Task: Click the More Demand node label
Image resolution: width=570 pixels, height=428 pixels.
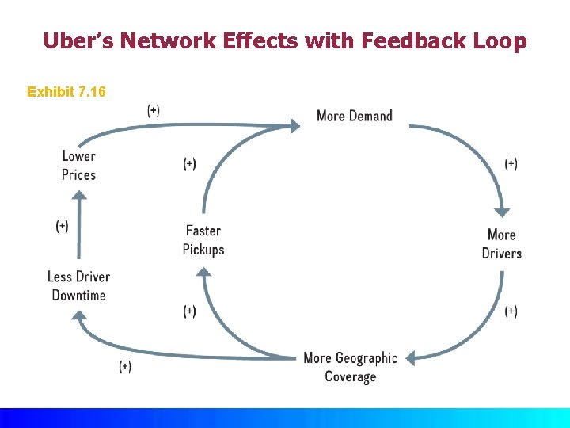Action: click(x=354, y=116)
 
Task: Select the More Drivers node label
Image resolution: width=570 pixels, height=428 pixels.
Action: click(x=501, y=244)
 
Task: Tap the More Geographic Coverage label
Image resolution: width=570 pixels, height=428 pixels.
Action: click(x=350, y=367)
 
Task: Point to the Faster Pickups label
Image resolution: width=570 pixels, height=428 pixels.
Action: click(x=203, y=240)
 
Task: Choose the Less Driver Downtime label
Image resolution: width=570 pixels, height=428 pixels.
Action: click(x=78, y=285)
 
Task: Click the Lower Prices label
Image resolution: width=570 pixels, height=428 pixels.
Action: click(x=78, y=165)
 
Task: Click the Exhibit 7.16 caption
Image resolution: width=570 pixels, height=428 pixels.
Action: click(x=66, y=92)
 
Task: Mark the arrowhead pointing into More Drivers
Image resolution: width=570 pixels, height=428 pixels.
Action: click(x=502, y=212)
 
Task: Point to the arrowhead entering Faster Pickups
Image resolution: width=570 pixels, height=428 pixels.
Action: click(x=203, y=273)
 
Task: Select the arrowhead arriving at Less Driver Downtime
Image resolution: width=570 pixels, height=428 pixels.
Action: click(x=78, y=316)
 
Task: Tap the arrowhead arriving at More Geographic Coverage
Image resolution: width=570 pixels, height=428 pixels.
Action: click(x=412, y=357)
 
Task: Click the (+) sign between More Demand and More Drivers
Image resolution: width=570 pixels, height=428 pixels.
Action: click(x=511, y=164)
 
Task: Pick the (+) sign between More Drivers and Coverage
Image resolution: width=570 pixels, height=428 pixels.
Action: click(x=511, y=311)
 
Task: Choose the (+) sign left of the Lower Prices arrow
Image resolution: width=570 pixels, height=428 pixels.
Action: click(x=62, y=226)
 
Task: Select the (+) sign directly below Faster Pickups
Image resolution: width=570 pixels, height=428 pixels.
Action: click(x=189, y=311)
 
